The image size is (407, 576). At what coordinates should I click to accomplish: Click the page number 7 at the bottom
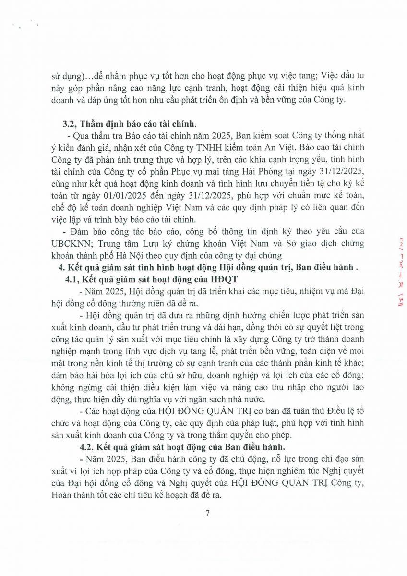tap(208, 514)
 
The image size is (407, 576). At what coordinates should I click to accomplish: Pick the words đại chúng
tap(262, 254)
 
